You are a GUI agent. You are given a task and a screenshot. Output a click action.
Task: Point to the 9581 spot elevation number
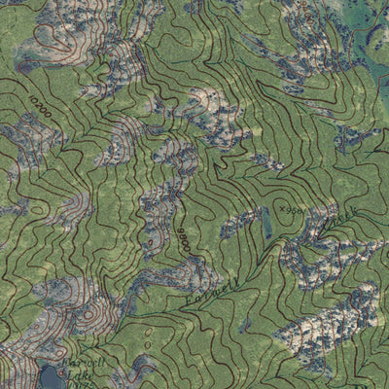[296, 208]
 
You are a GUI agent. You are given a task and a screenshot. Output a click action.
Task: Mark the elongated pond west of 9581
[265, 227]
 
